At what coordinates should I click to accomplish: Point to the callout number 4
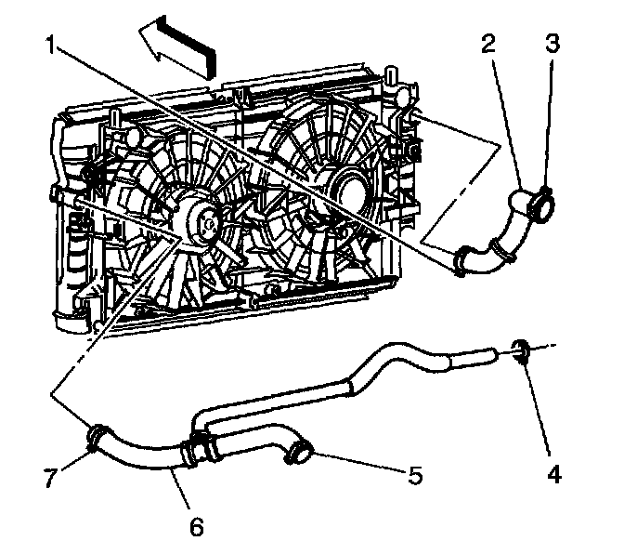click(x=554, y=475)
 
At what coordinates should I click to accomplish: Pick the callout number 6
click(x=197, y=526)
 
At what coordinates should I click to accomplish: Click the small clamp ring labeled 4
click(x=522, y=352)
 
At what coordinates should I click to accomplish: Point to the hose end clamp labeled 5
click(x=299, y=454)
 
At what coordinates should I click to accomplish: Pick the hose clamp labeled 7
click(x=95, y=434)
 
